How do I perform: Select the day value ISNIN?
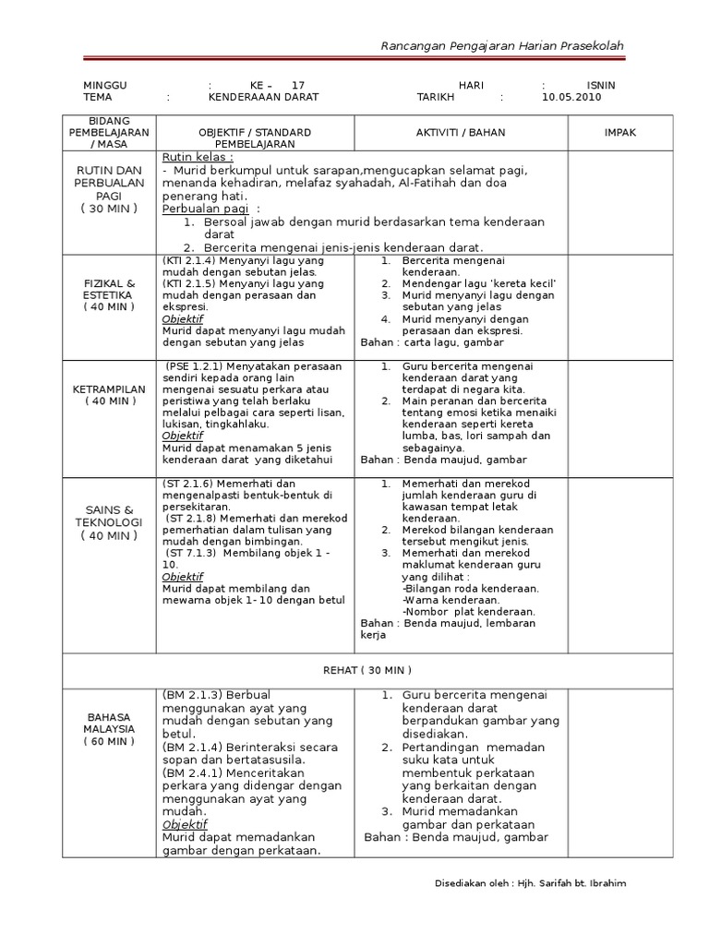pyautogui.click(x=601, y=85)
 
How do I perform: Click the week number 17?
pyautogui.click(x=297, y=85)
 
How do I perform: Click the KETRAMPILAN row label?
pyautogui.click(x=110, y=395)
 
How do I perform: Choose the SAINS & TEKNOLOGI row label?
pyautogui.click(x=110, y=522)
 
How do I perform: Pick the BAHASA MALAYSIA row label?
pyautogui.click(x=110, y=728)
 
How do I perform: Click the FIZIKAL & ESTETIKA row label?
pyautogui.click(x=110, y=294)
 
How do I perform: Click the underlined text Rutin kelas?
pyautogui.click(x=197, y=158)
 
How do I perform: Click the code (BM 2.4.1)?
pyautogui.click(x=189, y=772)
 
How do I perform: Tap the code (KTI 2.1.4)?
pyautogui.click(x=190, y=261)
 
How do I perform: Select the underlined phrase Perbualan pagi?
pyautogui.click(x=198, y=209)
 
